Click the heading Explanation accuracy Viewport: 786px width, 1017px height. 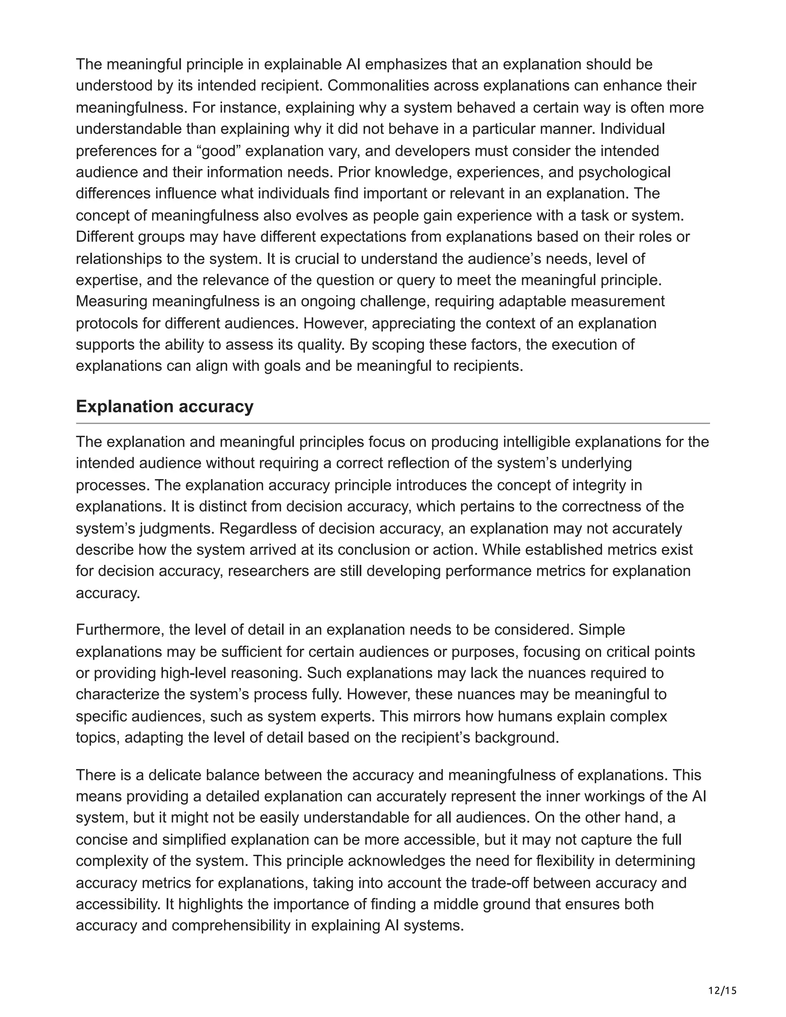(164, 406)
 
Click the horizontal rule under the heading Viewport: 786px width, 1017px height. (393, 423)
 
